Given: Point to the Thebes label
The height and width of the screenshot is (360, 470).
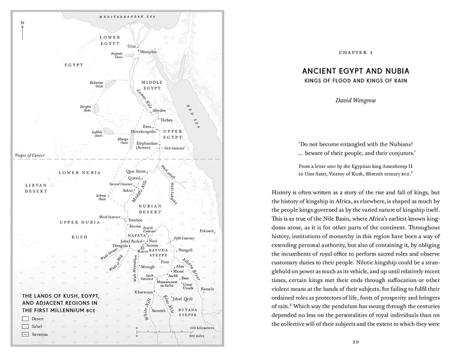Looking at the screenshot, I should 165,120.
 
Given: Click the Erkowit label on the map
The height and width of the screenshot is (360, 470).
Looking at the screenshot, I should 207,232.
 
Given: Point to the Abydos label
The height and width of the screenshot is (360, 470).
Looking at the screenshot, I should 159,110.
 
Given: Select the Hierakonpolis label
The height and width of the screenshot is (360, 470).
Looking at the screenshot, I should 143,131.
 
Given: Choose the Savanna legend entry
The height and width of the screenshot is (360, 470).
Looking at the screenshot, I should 40,334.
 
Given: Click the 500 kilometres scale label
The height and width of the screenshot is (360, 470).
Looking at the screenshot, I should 201,328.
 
